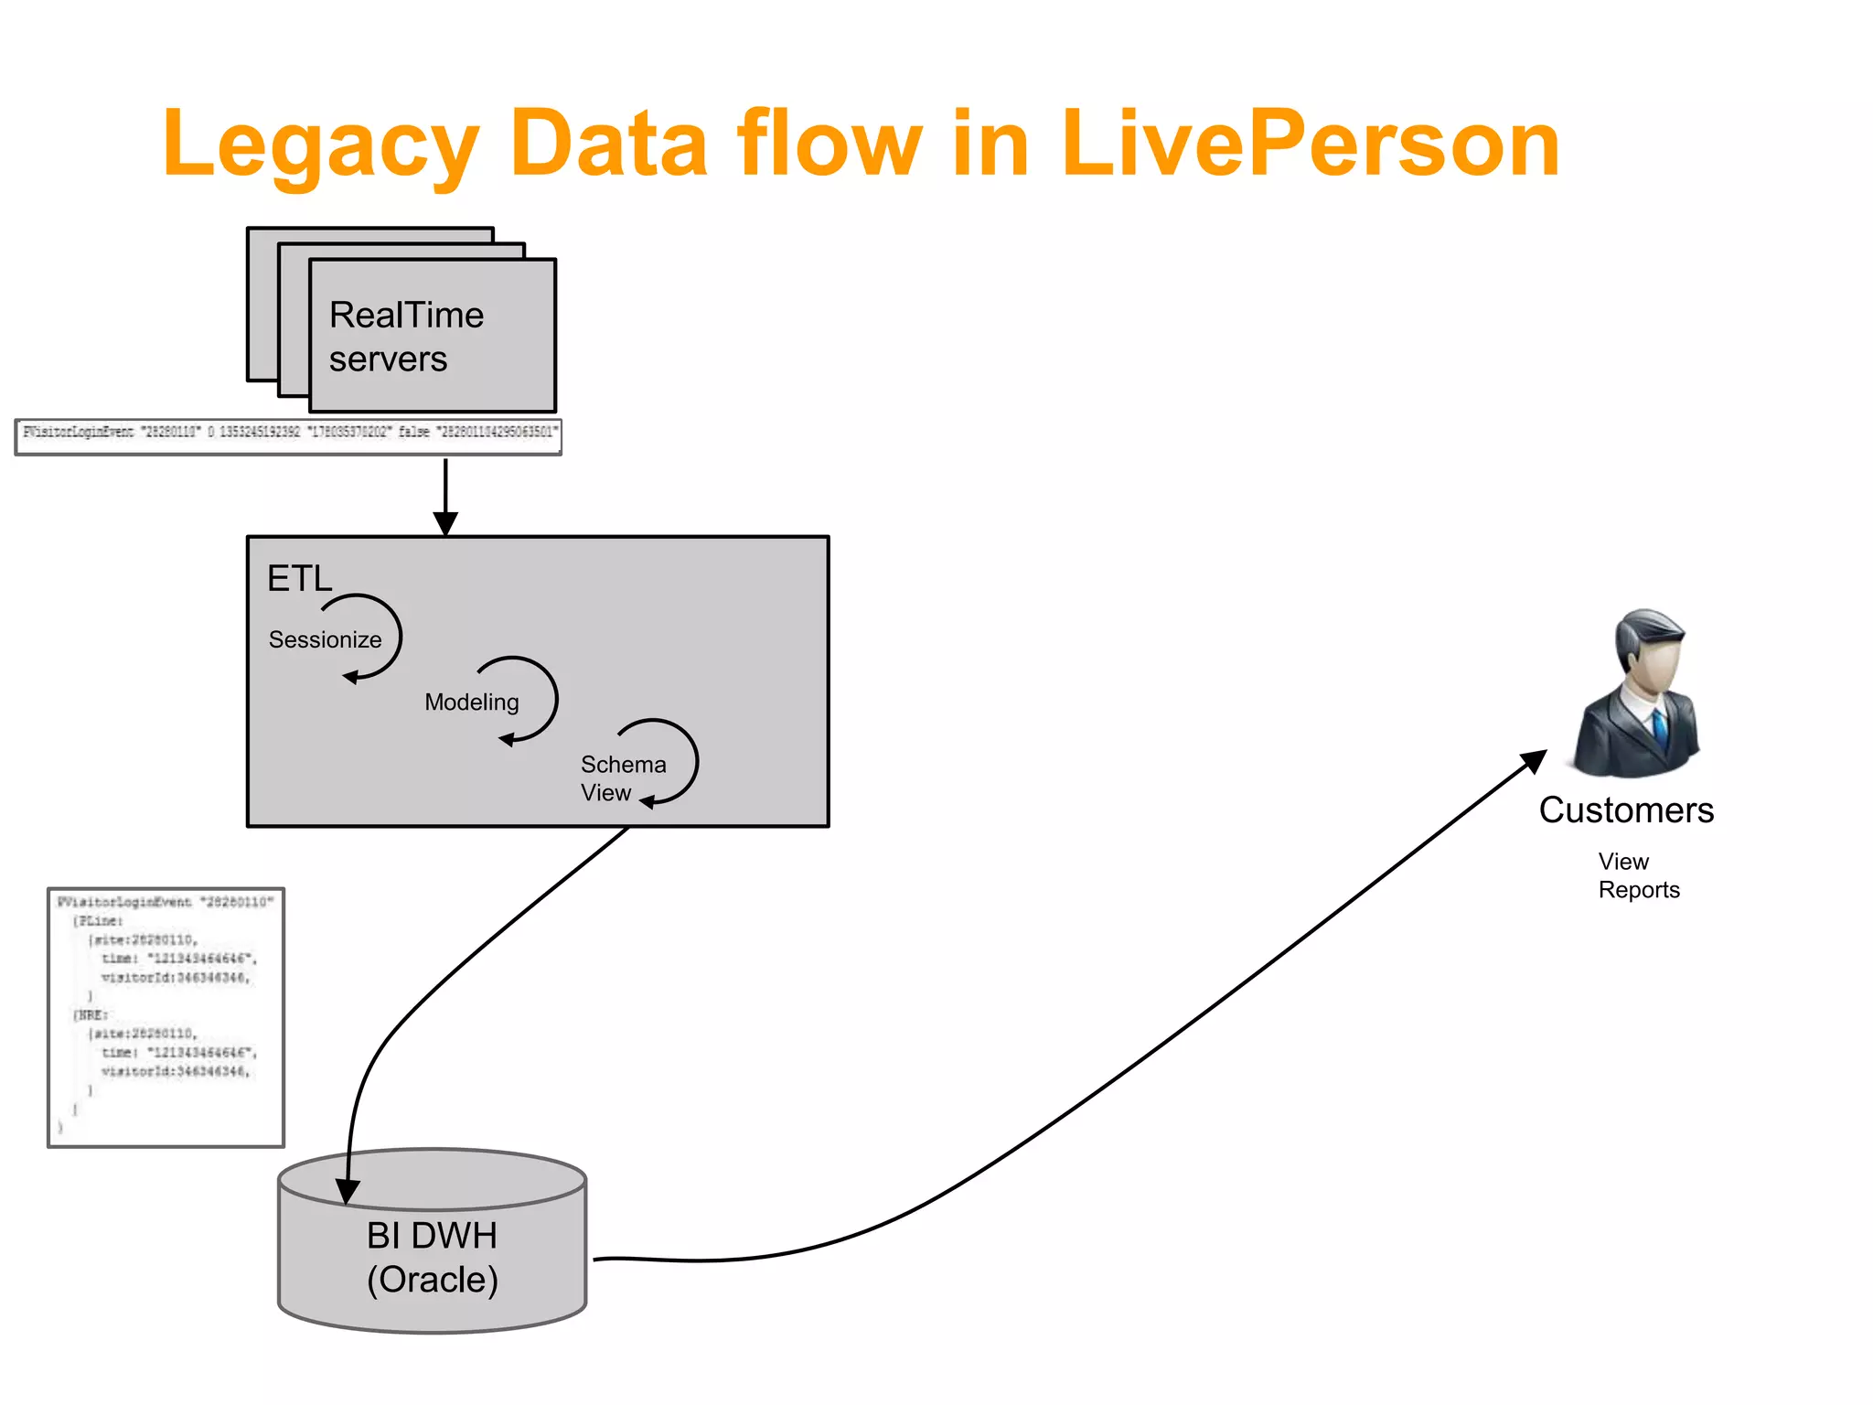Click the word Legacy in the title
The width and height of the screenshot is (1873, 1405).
point(320,145)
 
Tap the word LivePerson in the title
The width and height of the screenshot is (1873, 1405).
point(1310,145)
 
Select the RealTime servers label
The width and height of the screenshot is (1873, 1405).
point(406,337)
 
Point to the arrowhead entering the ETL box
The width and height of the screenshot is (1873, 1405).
point(445,523)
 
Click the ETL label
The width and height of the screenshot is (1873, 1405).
point(299,579)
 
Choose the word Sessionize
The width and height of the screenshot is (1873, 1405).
point(325,639)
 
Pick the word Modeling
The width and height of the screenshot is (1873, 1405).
point(471,702)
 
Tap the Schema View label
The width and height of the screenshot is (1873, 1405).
point(622,778)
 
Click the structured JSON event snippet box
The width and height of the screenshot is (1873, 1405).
point(166,1016)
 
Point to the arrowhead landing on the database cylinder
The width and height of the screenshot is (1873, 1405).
point(347,1190)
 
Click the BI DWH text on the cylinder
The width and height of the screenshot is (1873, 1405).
point(432,1236)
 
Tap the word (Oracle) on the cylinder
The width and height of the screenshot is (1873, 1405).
point(432,1280)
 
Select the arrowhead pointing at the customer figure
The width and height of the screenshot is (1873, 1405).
point(1534,761)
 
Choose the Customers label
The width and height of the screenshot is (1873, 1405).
point(1626,810)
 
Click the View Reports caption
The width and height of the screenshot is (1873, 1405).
point(1637,875)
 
